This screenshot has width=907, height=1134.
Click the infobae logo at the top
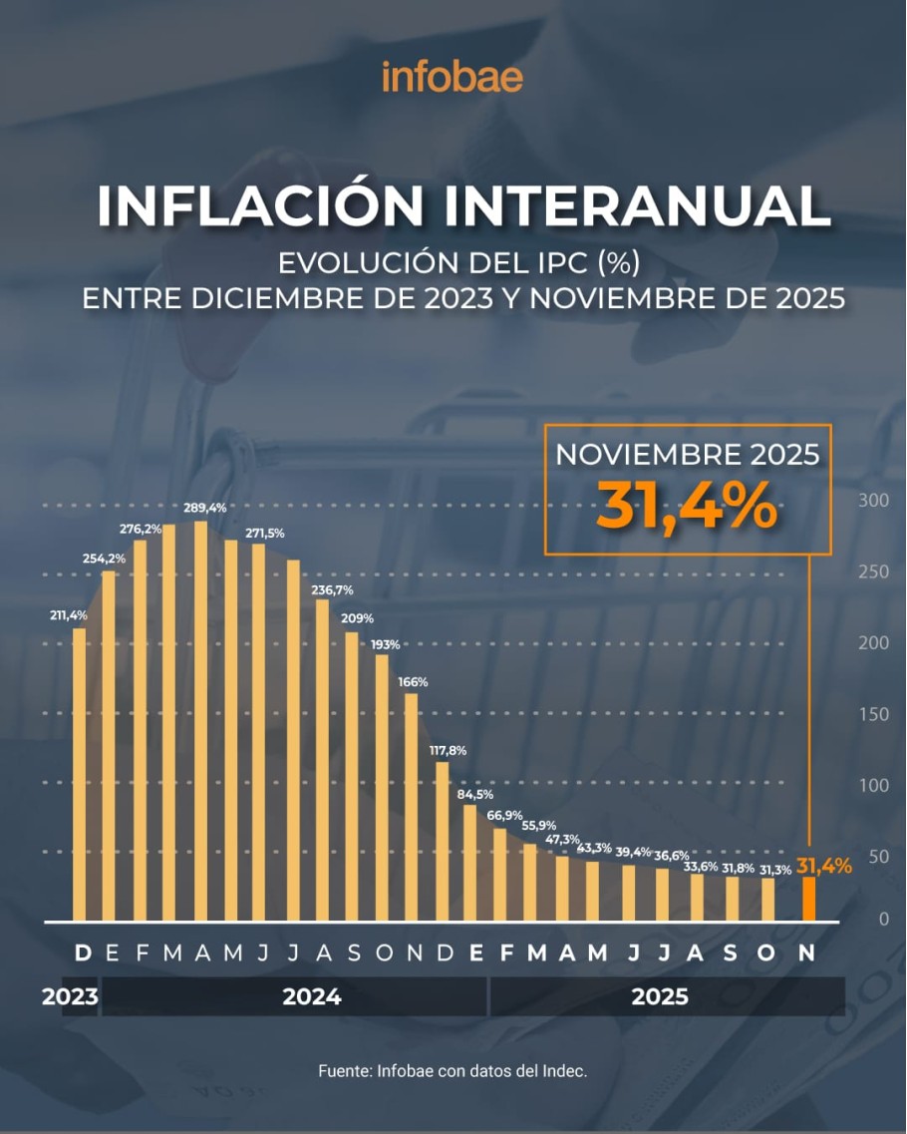pos(453,76)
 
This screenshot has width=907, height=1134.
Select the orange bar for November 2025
pos(809,899)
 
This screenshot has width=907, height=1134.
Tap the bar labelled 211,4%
pos(79,774)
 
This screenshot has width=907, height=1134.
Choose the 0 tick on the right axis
pos(882,919)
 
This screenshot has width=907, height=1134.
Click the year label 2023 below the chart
pos(70,996)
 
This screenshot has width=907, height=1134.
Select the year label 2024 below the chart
pos(312,996)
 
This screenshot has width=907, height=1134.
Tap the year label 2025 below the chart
pos(660,996)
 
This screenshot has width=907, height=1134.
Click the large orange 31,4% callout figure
pos(687,506)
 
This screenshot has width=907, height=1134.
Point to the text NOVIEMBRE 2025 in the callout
pos(687,455)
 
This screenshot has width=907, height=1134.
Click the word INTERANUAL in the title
pos(637,205)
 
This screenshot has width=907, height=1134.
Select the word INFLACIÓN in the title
pos(261,205)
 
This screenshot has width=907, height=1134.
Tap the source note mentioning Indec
pos(453,1071)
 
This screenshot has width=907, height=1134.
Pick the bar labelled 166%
pos(412,806)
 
